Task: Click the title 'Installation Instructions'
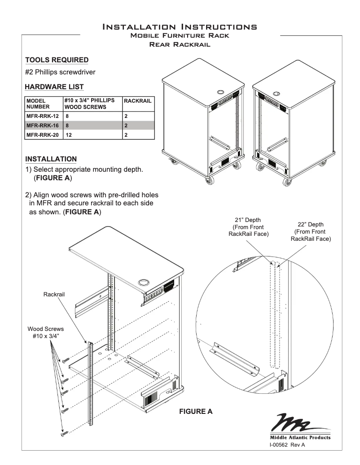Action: (x=180, y=27)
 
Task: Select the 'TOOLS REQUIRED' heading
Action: (x=57, y=60)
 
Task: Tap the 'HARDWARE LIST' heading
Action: (x=54, y=86)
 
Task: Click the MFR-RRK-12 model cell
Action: (x=41, y=115)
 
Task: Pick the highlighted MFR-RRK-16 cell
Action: (x=41, y=125)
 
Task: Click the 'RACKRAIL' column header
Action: (x=137, y=102)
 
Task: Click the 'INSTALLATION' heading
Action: (x=51, y=159)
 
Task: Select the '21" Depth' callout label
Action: (x=245, y=226)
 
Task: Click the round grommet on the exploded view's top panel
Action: (x=145, y=283)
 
